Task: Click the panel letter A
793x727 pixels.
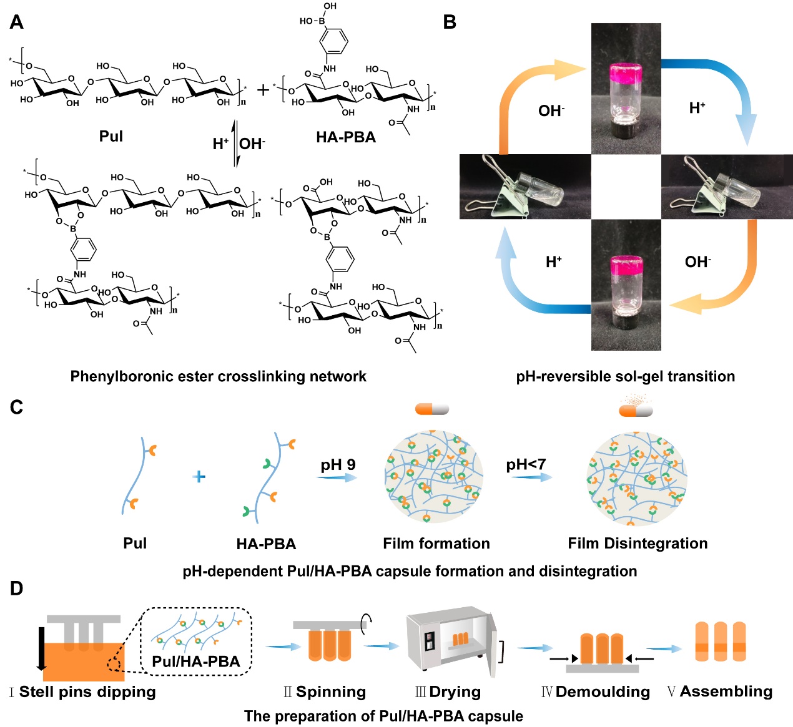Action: [x=17, y=22]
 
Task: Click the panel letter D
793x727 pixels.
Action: [x=17, y=588]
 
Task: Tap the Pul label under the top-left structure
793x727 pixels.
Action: [x=111, y=136]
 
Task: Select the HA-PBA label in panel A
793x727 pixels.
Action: [x=346, y=137]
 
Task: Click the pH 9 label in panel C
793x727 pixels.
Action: [x=338, y=465]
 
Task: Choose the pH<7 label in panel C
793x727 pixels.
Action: [x=526, y=464]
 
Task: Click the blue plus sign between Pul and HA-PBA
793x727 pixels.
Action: [x=199, y=477]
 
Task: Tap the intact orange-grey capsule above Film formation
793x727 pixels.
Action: [x=432, y=409]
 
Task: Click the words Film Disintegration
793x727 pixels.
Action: [x=638, y=544]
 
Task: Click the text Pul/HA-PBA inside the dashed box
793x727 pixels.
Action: [x=196, y=662]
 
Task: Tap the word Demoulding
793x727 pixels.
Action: [x=603, y=692]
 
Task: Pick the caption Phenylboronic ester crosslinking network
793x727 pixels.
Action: [x=218, y=376]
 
